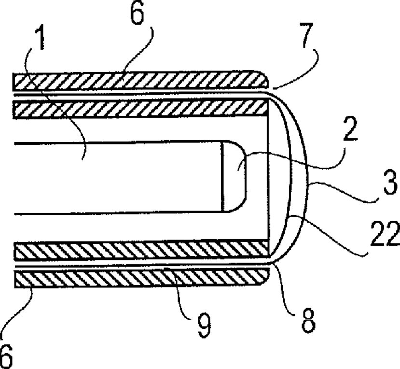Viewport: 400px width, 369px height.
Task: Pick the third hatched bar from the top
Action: pos(140,251)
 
